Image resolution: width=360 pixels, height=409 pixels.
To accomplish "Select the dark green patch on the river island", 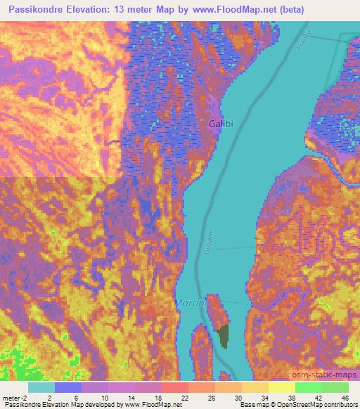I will pos(223,337).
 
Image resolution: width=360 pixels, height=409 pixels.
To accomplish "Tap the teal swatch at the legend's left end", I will pos(41,387).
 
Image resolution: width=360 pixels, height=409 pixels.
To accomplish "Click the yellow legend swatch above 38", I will pos(282,387).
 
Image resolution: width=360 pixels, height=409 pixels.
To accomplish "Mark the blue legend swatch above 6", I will pos(68,387).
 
